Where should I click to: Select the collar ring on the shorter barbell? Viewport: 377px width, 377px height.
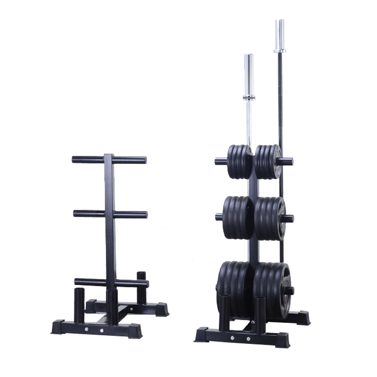pyautogui.click(x=248, y=97)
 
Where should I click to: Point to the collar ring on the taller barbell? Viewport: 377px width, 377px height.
pyautogui.click(x=279, y=50)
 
